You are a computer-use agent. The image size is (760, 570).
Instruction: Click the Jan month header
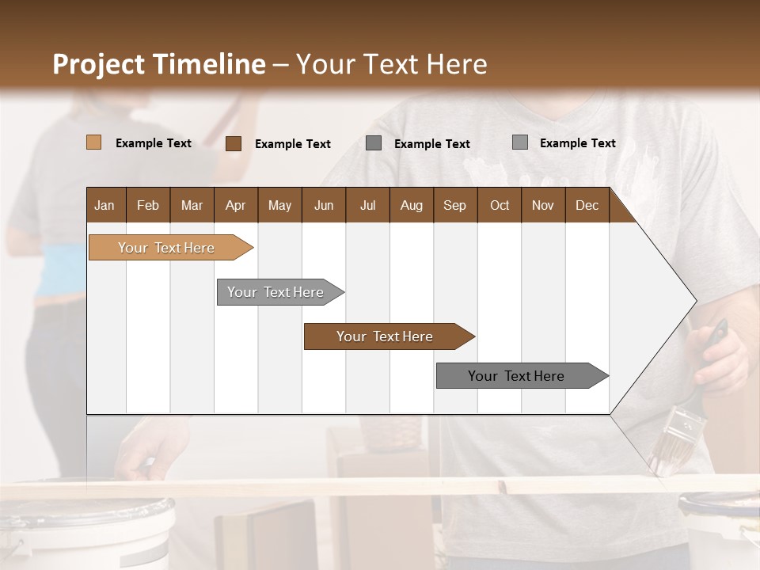point(104,205)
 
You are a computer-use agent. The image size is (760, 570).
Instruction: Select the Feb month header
point(148,205)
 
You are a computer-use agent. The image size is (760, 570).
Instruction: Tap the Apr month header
point(235,205)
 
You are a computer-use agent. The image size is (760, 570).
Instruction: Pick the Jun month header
point(324,205)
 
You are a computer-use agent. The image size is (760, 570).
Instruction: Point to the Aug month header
point(411,205)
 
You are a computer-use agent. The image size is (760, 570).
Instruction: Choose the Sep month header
point(454,205)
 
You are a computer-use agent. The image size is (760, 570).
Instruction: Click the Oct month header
point(500,205)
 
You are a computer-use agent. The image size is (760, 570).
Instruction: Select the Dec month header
point(587,205)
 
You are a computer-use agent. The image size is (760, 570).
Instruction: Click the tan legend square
point(93,142)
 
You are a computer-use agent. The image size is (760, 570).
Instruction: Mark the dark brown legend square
point(233,143)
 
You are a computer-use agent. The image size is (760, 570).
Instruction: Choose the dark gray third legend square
point(374,143)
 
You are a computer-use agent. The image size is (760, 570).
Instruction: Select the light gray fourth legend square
point(519,142)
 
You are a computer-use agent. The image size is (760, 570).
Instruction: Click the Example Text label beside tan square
point(154,143)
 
